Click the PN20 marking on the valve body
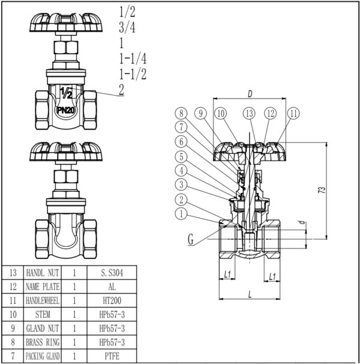tap(65, 111)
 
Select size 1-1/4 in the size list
tap(133, 58)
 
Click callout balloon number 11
tap(293, 112)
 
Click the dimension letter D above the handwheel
tap(249, 93)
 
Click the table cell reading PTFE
tap(113, 357)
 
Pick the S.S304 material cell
tap(113, 273)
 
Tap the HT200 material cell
tap(113, 300)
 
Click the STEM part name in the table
tap(43, 315)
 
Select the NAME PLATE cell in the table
tap(43, 287)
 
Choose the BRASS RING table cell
tap(43, 342)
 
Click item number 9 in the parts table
tap(12, 329)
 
